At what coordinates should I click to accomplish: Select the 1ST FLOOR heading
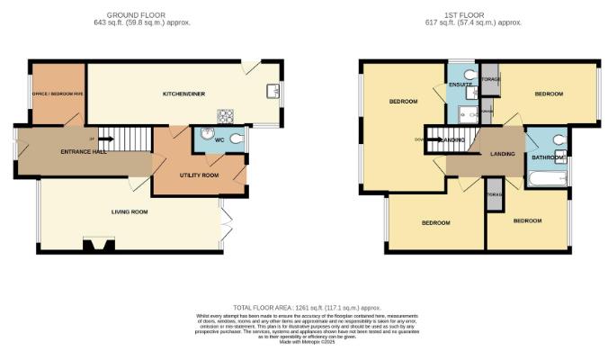pyautogui.click(x=472, y=15)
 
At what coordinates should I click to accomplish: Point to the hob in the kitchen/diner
pyautogui.click(x=225, y=115)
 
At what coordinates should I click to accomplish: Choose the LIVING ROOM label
pyautogui.click(x=129, y=212)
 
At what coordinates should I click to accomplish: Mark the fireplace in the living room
pyautogui.click(x=94, y=244)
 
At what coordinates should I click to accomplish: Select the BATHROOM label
pyautogui.click(x=548, y=158)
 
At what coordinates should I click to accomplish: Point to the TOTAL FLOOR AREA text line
pyautogui.click(x=303, y=308)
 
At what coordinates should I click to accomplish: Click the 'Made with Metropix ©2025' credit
pyautogui.click(x=303, y=341)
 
